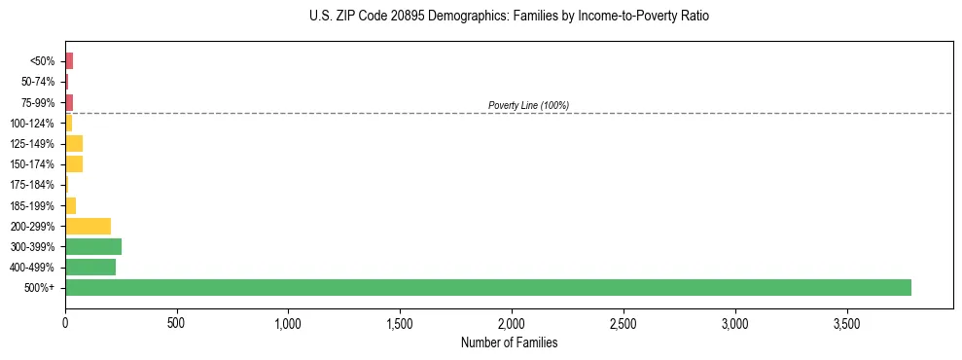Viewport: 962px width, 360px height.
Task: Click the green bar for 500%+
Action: pyautogui.click(x=487, y=287)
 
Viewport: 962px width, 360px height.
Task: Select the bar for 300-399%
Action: pyautogui.click(x=93, y=246)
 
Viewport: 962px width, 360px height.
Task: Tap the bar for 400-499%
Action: pyautogui.click(x=90, y=267)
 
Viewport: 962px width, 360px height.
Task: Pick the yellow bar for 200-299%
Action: pyautogui.click(x=88, y=226)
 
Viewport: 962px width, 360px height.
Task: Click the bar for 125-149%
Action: pyautogui.click(x=74, y=143)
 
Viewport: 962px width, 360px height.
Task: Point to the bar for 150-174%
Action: pyautogui.click(x=74, y=163)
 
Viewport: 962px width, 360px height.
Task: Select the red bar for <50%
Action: pyautogui.click(x=69, y=60)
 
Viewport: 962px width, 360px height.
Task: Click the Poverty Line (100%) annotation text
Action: pyautogui.click(x=528, y=105)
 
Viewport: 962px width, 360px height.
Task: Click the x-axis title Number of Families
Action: pyautogui.click(x=510, y=342)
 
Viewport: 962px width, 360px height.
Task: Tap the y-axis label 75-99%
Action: pyautogui.click(x=40, y=102)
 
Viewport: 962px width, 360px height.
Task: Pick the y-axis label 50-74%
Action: pyautogui.click(x=40, y=82)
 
